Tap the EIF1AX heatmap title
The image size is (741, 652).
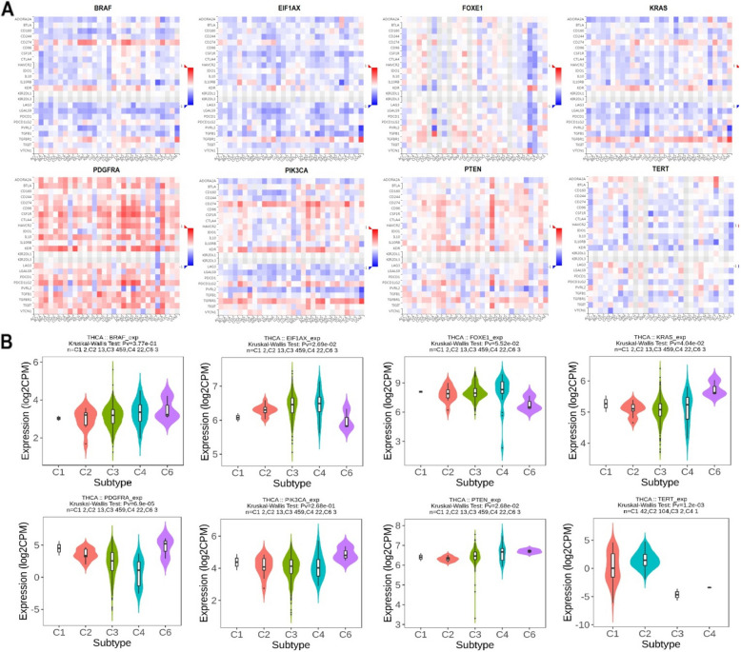click(287, 8)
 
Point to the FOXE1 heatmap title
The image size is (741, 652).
click(468, 8)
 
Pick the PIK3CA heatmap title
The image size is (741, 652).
click(287, 168)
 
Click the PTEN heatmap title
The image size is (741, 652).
click(468, 168)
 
